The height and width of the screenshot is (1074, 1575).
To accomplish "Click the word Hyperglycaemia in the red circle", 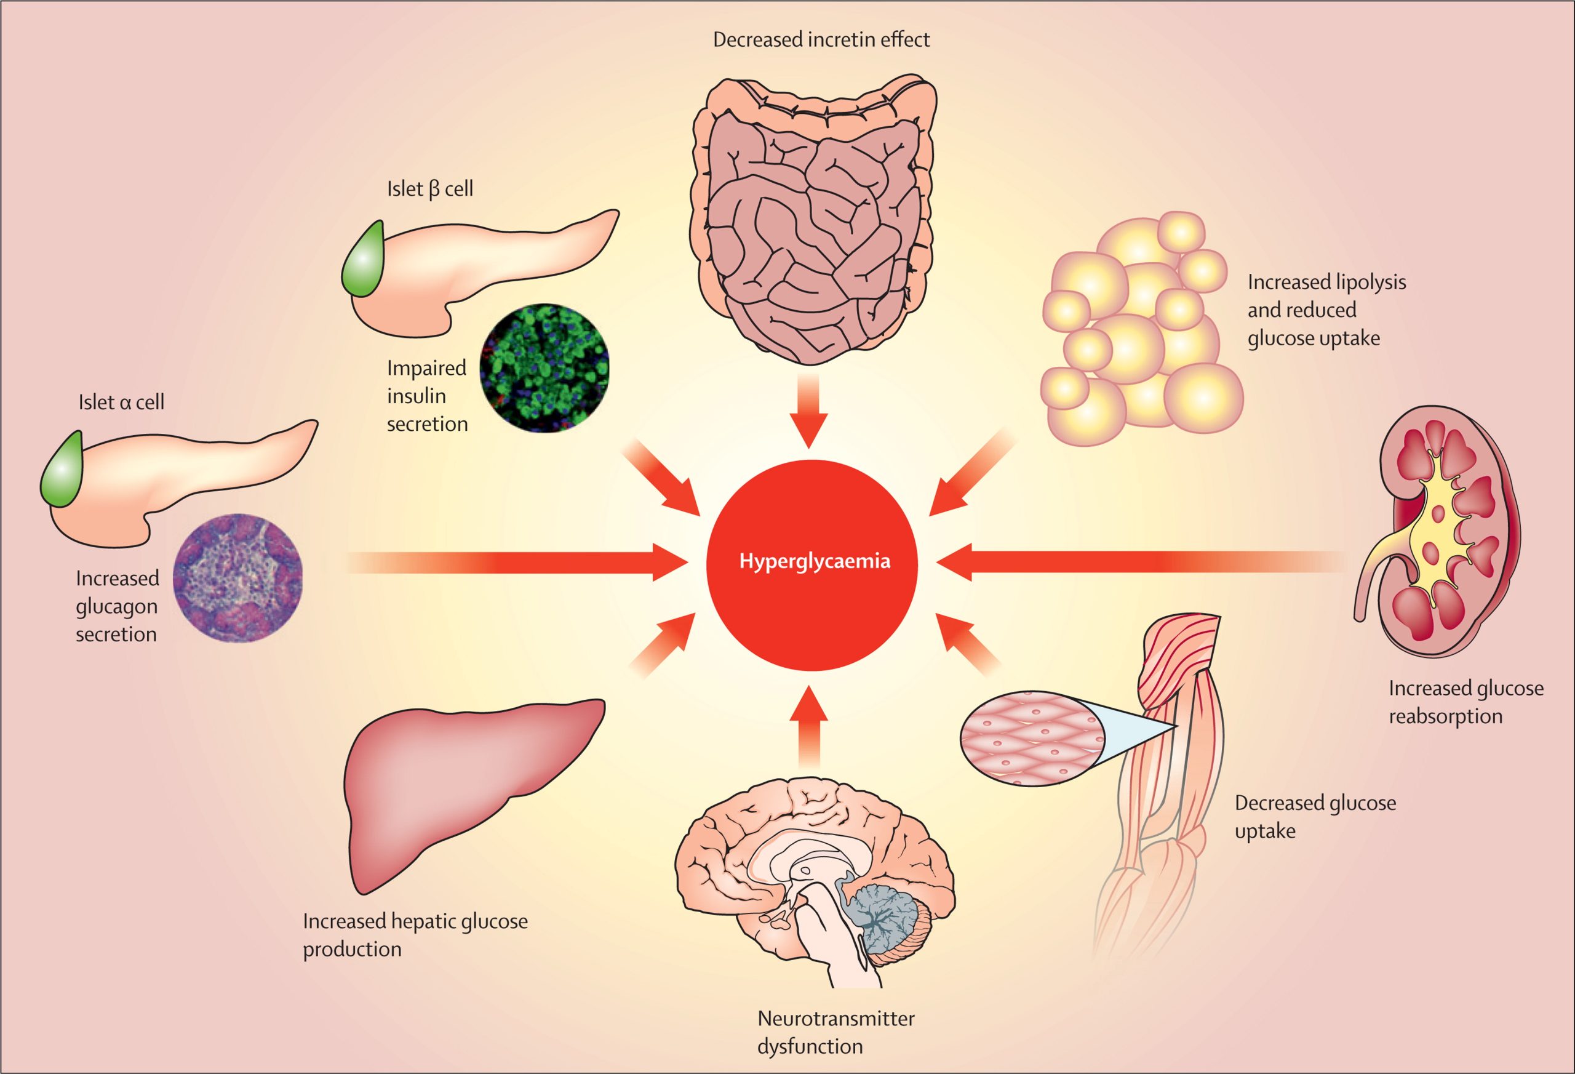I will click(x=814, y=561).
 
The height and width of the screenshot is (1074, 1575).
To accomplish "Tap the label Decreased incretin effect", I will click(x=821, y=39).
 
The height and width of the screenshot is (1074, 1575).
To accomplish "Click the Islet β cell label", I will click(x=429, y=188).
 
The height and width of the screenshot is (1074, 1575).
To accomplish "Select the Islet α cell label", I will click(x=121, y=402).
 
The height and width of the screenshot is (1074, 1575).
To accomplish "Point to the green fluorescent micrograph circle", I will click(x=544, y=368).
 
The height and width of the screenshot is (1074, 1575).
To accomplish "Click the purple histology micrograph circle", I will click(x=238, y=578).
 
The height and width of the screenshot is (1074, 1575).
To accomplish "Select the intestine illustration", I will click(x=813, y=217).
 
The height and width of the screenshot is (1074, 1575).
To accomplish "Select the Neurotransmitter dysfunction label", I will click(x=835, y=1032).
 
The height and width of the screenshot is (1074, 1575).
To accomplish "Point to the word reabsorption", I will click(x=1445, y=716).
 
